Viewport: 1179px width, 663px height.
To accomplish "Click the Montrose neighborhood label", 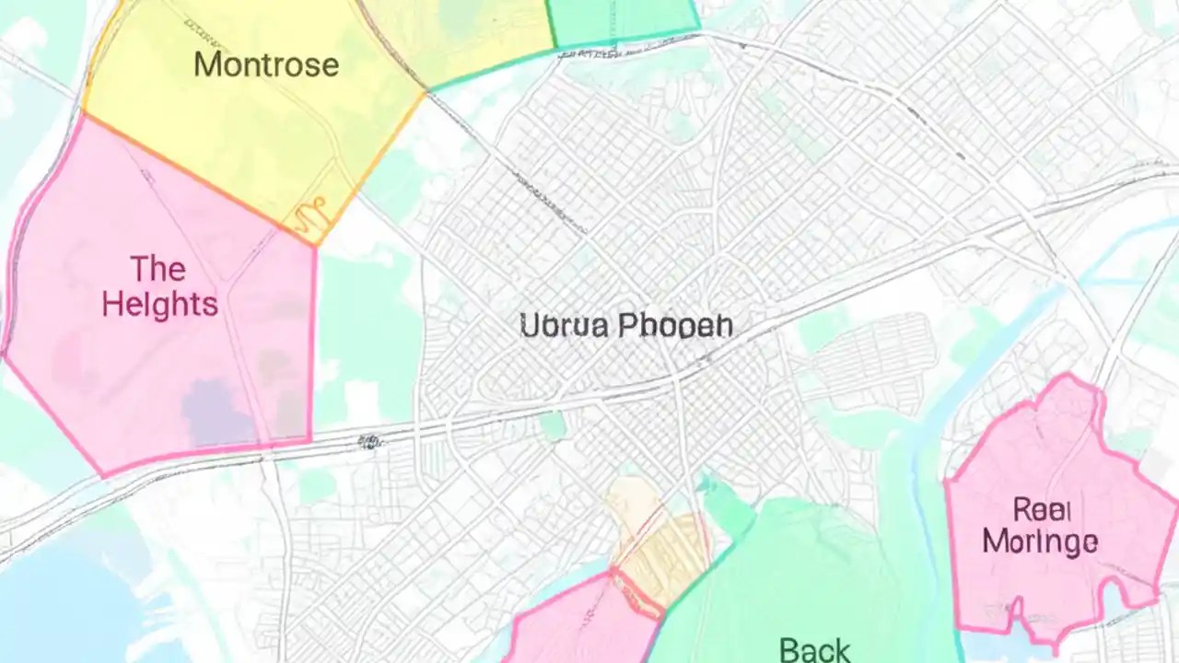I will [266, 64].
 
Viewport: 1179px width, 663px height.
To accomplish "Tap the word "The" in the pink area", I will [158, 269].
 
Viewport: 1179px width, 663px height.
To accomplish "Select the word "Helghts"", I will [159, 304].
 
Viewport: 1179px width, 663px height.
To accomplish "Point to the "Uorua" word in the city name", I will [564, 325].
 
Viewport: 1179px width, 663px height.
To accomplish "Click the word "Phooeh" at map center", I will [675, 325].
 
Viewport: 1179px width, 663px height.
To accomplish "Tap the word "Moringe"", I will [1039, 541].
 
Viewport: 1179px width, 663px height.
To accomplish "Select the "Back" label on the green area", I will [814, 650].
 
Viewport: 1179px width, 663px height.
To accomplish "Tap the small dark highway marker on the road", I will [369, 442].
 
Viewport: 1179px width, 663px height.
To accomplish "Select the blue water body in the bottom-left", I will [74, 608].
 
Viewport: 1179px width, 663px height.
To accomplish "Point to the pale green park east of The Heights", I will [364, 341].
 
